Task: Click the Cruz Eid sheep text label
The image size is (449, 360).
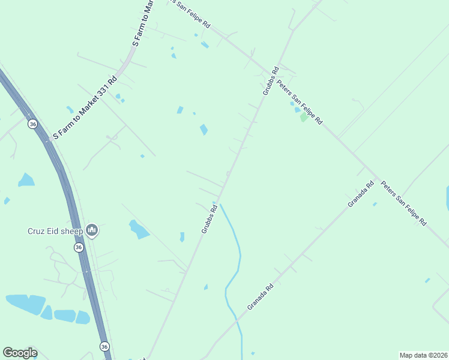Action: point(55,231)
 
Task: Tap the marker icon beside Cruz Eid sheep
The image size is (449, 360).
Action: point(92,230)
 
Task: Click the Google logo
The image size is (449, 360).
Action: point(20,353)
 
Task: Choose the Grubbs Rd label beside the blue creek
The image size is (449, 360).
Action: point(208,220)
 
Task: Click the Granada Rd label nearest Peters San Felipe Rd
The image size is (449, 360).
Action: point(361,194)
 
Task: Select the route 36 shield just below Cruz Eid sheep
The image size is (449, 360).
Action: point(79,247)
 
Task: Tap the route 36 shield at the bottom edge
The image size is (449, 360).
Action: point(104,347)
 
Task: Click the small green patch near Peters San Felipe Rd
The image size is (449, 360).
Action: point(304,118)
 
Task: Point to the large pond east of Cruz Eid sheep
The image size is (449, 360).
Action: point(139,229)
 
